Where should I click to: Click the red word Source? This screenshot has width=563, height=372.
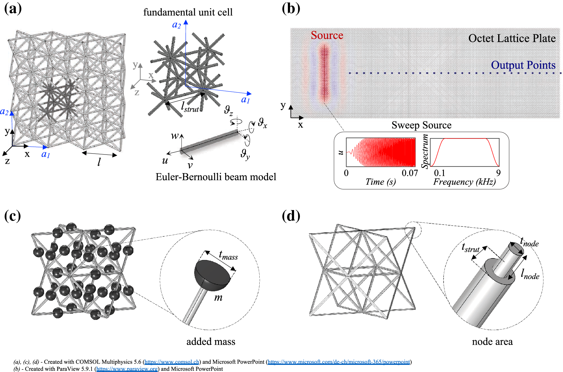(327, 35)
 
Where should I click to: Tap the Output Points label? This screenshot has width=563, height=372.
(523, 65)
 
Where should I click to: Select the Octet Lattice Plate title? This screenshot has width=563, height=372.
(512, 38)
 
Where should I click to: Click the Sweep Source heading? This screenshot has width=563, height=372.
(421, 125)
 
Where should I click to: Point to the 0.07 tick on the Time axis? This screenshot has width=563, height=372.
(410, 173)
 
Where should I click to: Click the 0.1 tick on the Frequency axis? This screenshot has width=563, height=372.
(439, 173)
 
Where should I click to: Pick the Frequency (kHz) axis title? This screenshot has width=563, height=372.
(464, 182)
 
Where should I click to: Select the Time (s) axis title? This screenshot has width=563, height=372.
(381, 182)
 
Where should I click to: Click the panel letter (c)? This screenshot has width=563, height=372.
(12, 216)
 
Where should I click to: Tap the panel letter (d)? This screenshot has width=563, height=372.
(291, 216)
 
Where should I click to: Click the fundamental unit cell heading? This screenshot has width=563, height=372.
(188, 12)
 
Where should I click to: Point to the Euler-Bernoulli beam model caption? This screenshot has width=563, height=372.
(216, 177)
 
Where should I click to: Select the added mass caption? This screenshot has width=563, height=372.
(211, 342)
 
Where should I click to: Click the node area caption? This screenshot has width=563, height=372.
(492, 342)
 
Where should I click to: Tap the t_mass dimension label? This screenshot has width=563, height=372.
(228, 255)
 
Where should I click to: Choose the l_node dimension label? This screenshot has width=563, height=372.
(530, 274)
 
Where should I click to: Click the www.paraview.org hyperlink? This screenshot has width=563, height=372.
(127, 369)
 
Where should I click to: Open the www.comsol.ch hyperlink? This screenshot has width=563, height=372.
(172, 362)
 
